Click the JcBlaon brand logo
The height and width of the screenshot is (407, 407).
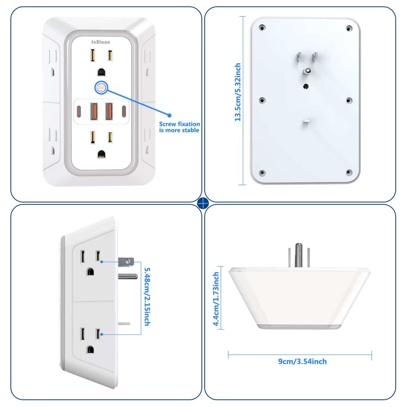tap(100, 42)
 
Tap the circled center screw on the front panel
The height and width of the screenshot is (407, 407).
tap(101, 88)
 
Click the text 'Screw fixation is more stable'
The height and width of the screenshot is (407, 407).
tap(179, 127)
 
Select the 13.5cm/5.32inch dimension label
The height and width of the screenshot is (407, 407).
tap(238, 92)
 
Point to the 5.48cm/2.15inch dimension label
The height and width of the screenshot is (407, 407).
tap(147, 297)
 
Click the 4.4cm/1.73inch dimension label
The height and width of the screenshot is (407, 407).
tap(216, 299)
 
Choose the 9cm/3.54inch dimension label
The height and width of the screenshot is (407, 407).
tap(302, 361)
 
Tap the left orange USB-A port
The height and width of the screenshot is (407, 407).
tap(94, 111)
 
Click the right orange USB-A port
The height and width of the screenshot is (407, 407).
tap(109, 111)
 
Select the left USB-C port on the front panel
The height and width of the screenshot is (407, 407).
tap(79, 111)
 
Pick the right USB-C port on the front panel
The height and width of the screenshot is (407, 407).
tap(124, 111)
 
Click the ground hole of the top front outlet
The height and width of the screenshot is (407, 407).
tap(101, 72)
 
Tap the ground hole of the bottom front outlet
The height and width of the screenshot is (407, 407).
tap(101, 154)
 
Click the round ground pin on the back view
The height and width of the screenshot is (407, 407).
tap(307, 71)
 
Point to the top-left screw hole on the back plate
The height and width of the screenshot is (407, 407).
tap(262, 28)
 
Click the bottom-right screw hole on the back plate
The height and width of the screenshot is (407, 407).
tap(349, 172)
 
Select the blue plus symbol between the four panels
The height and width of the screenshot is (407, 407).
tap(203, 203)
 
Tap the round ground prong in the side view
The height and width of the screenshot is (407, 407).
tap(128, 276)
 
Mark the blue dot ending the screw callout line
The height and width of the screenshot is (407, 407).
tap(169, 115)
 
